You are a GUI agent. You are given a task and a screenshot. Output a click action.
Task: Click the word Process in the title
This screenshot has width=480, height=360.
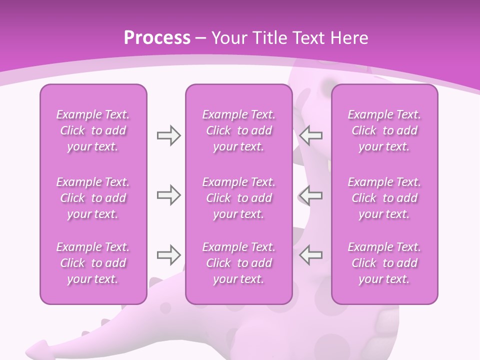pyautogui.click(x=157, y=38)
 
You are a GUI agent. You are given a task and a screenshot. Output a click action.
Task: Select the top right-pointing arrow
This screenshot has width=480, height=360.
pyautogui.click(x=168, y=135)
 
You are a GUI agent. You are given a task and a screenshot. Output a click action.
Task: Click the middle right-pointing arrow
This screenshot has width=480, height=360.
pyautogui.click(x=168, y=195)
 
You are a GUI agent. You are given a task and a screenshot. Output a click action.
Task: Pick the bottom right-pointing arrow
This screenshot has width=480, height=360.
pyautogui.click(x=168, y=255)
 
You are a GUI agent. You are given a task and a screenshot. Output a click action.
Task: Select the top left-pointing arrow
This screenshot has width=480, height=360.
pyautogui.click(x=311, y=135)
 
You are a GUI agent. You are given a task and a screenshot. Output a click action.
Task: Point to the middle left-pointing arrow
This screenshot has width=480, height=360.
pyautogui.click(x=311, y=195)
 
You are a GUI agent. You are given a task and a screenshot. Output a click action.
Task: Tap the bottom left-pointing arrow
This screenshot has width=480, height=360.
pyautogui.click(x=311, y=255)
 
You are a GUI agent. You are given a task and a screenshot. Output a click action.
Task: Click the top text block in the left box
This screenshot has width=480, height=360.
pyautogui.click(x=93, y=130)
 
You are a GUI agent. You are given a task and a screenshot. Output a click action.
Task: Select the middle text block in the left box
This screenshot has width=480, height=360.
pyautogui.click(x=93, y=198)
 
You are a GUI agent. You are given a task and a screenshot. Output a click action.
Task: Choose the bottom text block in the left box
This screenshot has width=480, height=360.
pyautogui.click(x=93, y=263)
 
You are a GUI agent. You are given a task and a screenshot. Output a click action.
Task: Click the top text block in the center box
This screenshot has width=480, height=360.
pyautogui.click(x=238, y=130)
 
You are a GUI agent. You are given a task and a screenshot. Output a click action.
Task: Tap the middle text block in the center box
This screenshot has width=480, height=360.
pyautogui.click(x=238, y=198)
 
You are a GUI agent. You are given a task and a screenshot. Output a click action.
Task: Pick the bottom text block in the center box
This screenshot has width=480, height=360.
pyautogui.click(x=238, y=263)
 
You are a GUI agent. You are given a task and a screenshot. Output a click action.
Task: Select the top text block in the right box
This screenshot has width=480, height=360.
pyautogui.click(x=384, y=130)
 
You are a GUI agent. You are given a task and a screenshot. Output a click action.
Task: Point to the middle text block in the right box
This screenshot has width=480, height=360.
pyautogui.click(x=384, y=198)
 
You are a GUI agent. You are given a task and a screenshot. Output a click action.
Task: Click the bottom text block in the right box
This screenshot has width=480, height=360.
pyautogui.click(x=384, y=263)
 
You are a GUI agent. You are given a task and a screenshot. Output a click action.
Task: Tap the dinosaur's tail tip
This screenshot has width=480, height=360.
pyautogui.click(x=35, y=347)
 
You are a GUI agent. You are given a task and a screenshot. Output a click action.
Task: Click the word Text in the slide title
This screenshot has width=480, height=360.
pyautogui.click(x=305, y=38)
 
